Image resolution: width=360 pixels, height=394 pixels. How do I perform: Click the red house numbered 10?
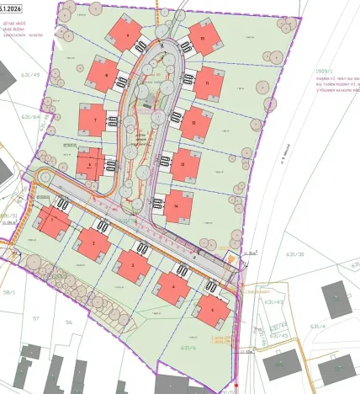(202, 39)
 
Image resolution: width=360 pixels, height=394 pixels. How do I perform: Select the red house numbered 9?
(128, 35)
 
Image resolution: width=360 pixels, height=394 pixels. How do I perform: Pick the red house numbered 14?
(177, 205)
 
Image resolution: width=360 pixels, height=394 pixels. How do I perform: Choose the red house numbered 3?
(131, 264)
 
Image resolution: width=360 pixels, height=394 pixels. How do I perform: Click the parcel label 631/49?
(31, 75)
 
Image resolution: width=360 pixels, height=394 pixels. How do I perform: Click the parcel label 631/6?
(188, 346)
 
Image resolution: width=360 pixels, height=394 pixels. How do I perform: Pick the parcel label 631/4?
(318, 325)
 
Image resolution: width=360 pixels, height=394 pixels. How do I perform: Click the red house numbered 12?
(195, 123)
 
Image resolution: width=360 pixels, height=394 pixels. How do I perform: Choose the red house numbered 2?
(92, 244)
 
